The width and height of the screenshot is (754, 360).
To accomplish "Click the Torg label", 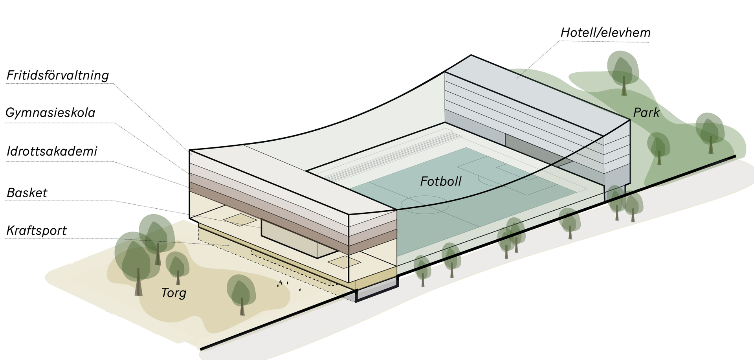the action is pos(174,293).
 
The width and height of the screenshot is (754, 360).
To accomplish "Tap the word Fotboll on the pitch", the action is pos(440,181).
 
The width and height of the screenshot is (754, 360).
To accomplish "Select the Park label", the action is pos(646,113).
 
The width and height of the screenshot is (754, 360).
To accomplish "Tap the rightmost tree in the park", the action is pos(710,130).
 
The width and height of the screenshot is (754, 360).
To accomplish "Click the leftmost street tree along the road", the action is pos(423,274).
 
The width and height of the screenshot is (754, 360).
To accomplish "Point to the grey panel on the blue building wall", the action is pos(530,147).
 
